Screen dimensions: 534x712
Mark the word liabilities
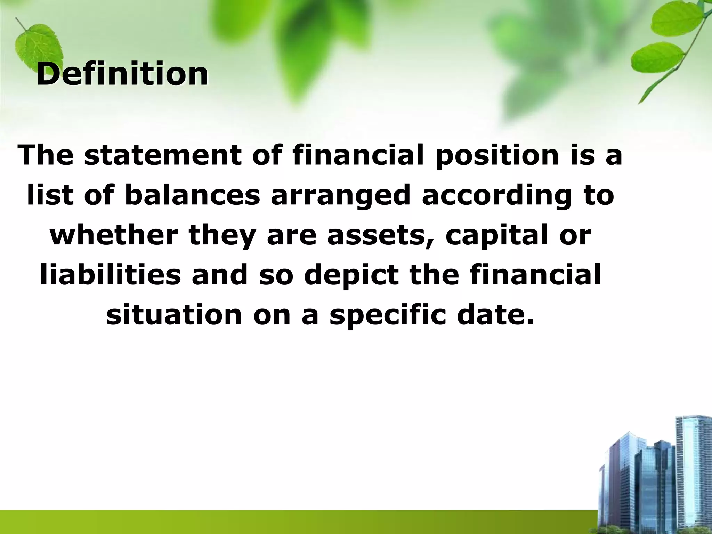click(110, 275)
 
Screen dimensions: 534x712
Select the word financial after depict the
click(535, 275)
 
